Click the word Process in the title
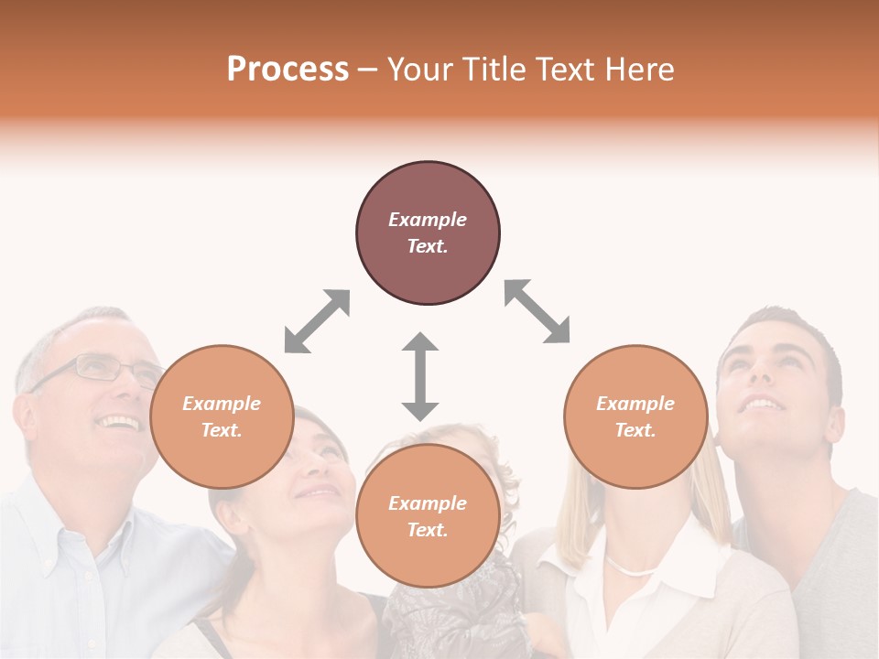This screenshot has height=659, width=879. tap(288, 70)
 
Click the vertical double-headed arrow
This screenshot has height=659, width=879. tap(420, 376)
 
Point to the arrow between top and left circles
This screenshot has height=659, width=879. tap(317, 320)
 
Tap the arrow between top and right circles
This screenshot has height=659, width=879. tap(537, 311)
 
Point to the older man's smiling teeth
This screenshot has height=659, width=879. tap(120, 423)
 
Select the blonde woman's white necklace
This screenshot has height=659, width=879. tap(632, 569)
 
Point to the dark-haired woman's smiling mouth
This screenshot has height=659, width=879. tap(319, 493)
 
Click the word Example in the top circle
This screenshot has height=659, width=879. tap(428, 220)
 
